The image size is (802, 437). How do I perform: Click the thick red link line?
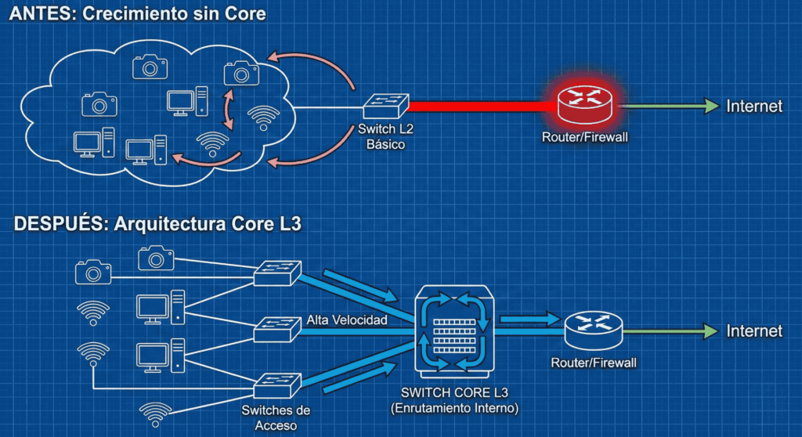tap(478, 107)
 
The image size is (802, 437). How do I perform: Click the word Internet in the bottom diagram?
tap(754, 330)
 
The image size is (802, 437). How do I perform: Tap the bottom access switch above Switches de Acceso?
tap(277, 384)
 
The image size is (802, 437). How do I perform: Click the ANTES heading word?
tap(34, 14)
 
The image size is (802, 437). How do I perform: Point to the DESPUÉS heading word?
tap(60, 225)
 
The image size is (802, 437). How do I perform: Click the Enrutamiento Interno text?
tap(454, 408)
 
